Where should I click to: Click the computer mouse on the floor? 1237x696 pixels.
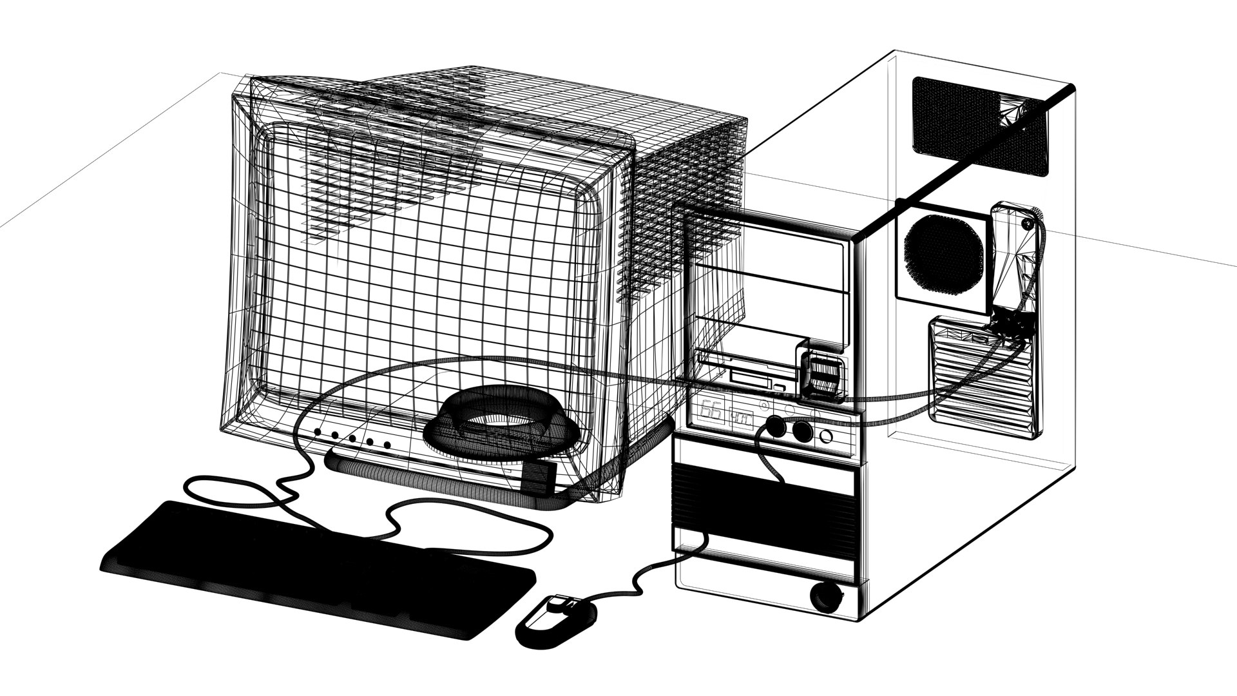click(x=558, y=619)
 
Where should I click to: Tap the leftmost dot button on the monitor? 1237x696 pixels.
click(x=318, y=432)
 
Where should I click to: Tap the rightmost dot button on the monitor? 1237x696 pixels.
click(x=387, y=445)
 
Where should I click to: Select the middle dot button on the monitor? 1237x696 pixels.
click(x=352, y=438)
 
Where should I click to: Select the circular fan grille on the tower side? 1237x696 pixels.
click(x=943, y=253)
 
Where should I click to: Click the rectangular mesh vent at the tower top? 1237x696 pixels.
click(x=979, y=126)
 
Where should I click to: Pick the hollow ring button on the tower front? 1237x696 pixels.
click(x=827, y=436)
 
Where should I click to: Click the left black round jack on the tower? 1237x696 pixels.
click(x=774, y=428)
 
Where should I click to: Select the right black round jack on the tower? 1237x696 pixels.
click(x=802, y=430)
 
